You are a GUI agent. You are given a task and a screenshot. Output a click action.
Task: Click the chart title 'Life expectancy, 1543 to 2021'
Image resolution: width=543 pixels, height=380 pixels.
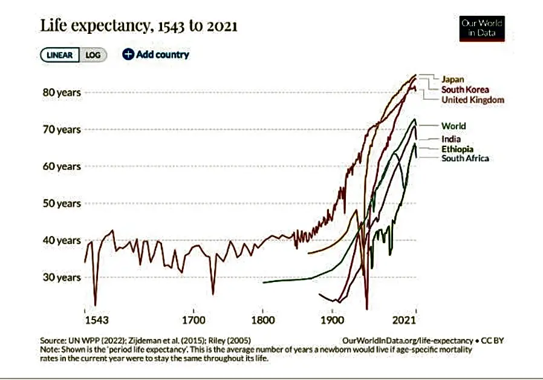(x=138, y=27)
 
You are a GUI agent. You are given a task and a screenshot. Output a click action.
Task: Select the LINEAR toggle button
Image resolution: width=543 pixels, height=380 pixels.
(x=60, y=55)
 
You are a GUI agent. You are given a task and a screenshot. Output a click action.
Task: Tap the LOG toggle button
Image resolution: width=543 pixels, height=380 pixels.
(x=93, y=55)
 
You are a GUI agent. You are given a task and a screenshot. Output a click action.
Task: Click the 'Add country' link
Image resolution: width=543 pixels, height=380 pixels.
(x=156, y=54)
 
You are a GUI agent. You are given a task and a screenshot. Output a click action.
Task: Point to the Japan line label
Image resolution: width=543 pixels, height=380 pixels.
(x=453, y=79)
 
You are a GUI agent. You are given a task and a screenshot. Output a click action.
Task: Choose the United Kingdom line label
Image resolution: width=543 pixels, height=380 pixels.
(x=472, y=100)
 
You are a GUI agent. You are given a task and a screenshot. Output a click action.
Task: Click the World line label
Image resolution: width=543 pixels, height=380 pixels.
(x=454, y=126)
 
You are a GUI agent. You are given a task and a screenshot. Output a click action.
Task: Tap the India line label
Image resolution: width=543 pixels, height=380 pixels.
(x=451, y=139)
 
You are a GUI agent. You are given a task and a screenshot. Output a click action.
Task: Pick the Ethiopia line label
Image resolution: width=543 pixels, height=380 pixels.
(x=457, y=149)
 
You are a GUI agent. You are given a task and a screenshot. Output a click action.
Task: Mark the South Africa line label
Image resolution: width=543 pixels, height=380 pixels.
(x=465, y=159)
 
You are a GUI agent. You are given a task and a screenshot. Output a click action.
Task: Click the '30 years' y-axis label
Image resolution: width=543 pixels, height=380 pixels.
(x=60, y=278)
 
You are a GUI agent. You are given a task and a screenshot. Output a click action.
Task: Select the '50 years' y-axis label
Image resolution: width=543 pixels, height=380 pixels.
(x=60, y=203)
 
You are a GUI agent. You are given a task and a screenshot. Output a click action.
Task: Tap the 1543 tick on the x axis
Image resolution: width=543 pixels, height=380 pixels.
(x=96, y=319)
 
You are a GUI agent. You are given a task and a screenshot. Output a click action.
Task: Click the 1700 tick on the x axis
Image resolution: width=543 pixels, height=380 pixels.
(x=192, y=319)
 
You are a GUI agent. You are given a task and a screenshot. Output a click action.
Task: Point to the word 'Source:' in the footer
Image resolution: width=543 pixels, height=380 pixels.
(x=53, y=341)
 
